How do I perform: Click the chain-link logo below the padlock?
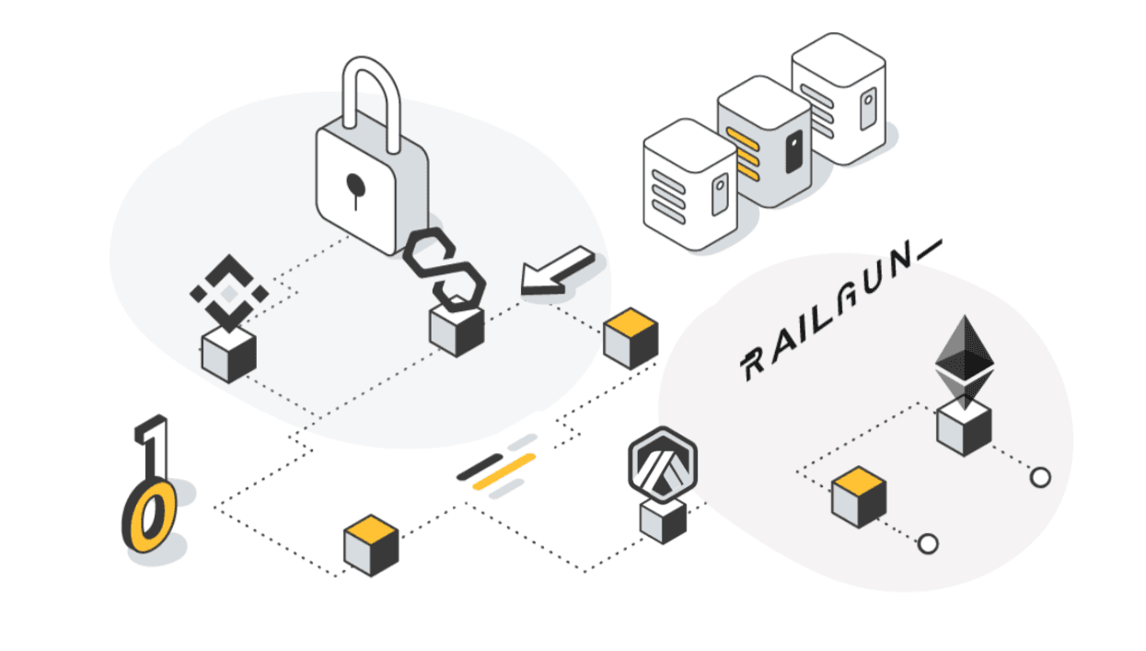pyautogui.click(x=444, y=269)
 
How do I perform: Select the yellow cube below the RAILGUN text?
pyautogui.click(x=859, y=497)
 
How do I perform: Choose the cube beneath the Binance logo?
pyautogui.click(x=228, y=355)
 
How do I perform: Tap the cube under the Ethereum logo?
pyautogui.click(x=964, y=428)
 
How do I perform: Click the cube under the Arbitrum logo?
pyautogui.click(x=663, y=521)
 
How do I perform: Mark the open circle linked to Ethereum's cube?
pyautogui.click(x=1040, y=478)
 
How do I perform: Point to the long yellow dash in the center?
pyautogui.click(x=504, y=471)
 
